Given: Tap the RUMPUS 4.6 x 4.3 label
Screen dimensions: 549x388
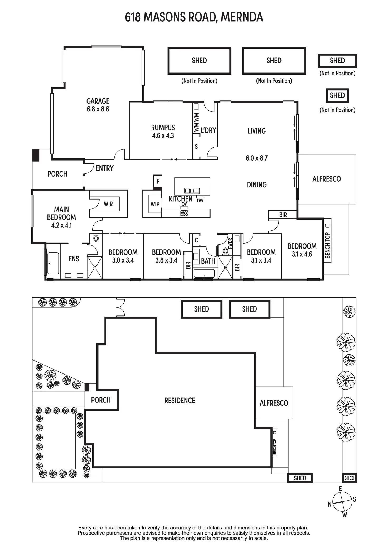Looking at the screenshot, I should point(163,132).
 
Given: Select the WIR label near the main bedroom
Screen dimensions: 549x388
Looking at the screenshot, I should point(108,204).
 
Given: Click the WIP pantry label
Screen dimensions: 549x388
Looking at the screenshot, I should point(155,204).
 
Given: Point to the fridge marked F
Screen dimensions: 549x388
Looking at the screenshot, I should point(158,181).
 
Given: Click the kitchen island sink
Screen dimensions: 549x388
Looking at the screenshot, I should point(192,191).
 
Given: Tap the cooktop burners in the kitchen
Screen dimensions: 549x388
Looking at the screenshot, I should point(184,213).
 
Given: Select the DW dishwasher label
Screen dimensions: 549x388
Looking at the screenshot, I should point(200,201).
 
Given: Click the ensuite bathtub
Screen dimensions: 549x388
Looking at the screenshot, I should point(53,263).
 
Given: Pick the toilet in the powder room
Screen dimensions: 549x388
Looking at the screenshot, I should point(225,251).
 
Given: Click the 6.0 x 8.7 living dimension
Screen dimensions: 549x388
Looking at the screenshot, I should point(256,158).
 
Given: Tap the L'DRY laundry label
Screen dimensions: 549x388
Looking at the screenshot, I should point(208,130).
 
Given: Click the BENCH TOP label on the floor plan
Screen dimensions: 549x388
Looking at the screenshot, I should point(327,245).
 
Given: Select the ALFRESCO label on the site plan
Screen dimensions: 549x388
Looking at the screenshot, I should point(274,403).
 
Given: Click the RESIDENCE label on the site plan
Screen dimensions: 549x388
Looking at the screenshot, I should point(180,401).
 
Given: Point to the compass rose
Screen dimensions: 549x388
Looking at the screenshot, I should point(342,502).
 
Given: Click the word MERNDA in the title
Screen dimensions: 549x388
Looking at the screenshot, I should point(242,17).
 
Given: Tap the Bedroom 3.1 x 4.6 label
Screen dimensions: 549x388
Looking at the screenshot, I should point(302,250).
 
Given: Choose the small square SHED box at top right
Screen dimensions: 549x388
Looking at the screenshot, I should point(337,95).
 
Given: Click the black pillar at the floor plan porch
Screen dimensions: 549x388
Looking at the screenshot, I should point(36,155).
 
